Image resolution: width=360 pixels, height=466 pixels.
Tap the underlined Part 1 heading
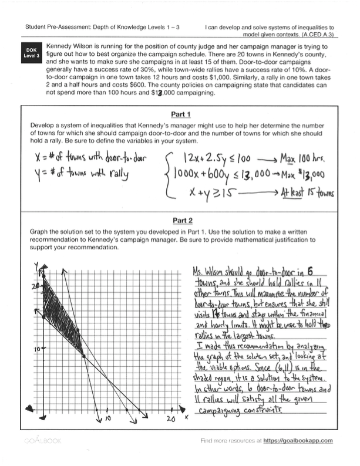tap(180, 114)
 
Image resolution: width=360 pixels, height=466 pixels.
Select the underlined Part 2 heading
tap(180, 221)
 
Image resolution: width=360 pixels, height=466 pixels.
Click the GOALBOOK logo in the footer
tap(41, 457)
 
